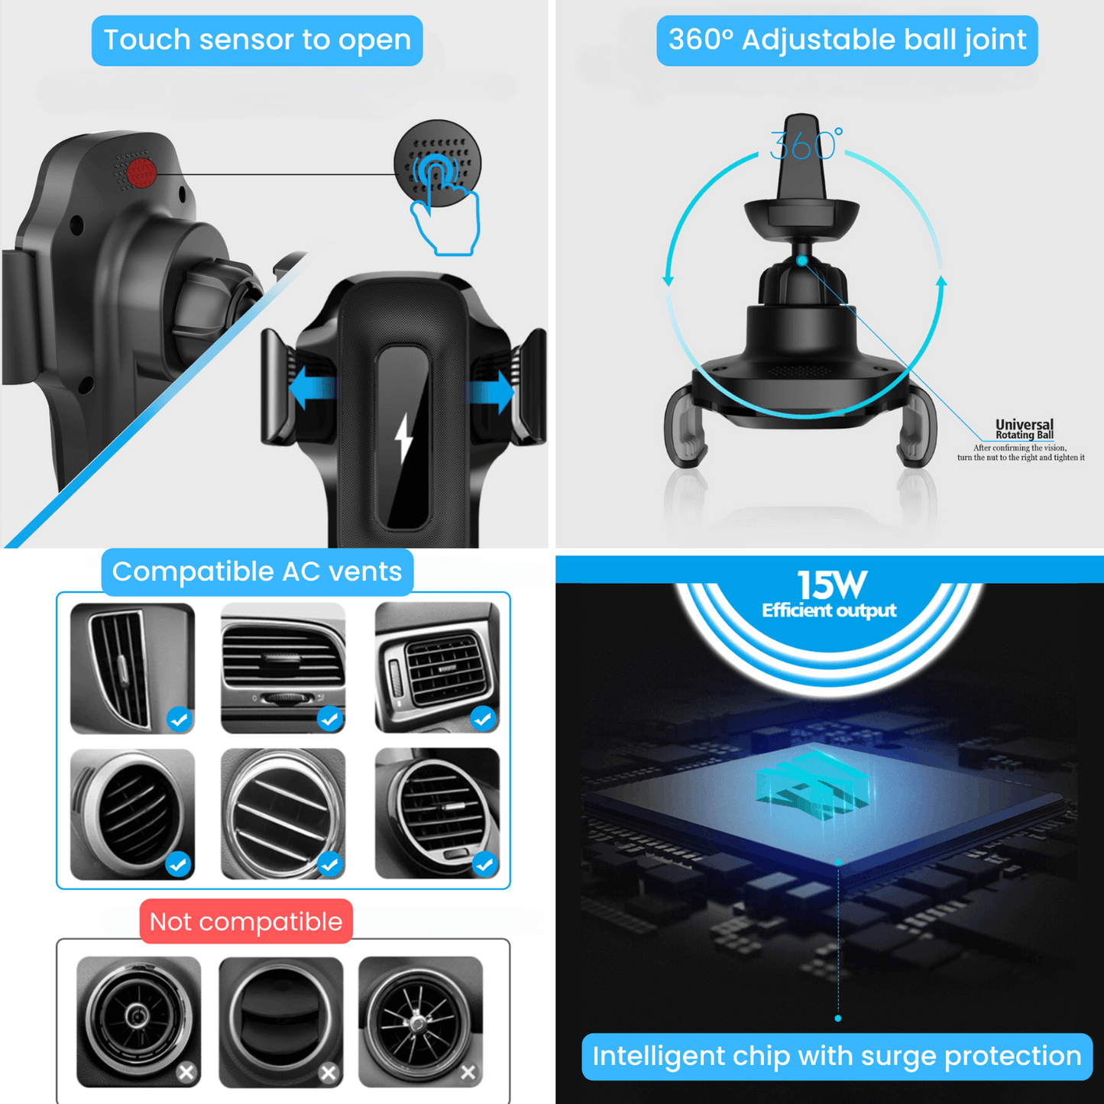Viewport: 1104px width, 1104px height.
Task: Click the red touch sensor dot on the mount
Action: click(141, 173)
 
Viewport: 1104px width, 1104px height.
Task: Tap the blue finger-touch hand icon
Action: click(444, 205)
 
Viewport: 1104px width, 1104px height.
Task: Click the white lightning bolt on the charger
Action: click(404, 439)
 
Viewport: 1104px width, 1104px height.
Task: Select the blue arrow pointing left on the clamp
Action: click(312, 388)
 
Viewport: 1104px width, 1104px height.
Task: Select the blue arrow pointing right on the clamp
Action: click(490, 392)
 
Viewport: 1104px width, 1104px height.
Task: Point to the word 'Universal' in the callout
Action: click(1025, 425)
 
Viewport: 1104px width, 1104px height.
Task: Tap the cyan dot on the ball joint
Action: click(802, 261)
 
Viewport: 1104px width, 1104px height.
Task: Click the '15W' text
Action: click(832, 584)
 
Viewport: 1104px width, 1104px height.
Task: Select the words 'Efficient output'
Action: click(829, 610)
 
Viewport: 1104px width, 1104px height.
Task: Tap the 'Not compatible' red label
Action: click(246, 922)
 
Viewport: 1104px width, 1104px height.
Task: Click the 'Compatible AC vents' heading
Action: click(257, 571)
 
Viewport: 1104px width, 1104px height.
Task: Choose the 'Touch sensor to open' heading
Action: click(257, 40)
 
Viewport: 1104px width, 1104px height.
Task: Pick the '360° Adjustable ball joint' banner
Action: click(847, 40)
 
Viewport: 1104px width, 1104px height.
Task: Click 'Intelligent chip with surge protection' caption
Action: click(837, 1056)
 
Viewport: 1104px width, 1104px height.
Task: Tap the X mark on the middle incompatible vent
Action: click(329, 1072)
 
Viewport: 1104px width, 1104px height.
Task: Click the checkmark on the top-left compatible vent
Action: click(180, 719)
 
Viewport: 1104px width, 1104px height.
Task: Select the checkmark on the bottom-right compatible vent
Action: click(484, 865)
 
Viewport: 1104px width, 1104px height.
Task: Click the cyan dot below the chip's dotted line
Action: click(838, 1018)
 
